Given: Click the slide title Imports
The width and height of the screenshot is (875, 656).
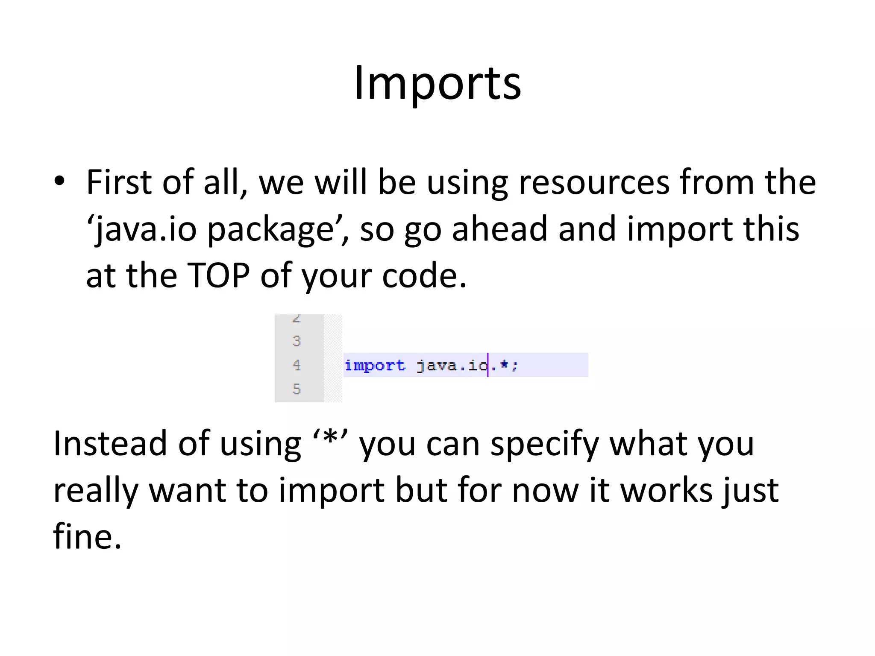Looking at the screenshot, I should pos(437,83).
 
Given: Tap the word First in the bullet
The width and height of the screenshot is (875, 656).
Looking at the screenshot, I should pos(119,182).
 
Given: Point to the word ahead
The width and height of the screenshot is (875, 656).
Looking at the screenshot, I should pos(499,229).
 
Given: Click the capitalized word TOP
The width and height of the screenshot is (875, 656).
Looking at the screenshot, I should pos(218,276).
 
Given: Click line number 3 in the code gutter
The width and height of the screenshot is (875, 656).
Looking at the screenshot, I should pos(297,341).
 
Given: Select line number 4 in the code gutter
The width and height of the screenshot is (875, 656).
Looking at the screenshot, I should pos(297,365).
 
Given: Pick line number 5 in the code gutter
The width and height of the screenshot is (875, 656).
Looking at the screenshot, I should pos(297,389).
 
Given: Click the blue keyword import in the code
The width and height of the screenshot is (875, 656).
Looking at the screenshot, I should pos(375,366).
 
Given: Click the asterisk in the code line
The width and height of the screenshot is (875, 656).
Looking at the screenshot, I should pos(505,365).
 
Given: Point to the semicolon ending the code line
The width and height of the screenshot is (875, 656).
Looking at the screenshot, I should pos(515,366).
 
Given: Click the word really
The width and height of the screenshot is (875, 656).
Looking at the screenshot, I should pos(96,491).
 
